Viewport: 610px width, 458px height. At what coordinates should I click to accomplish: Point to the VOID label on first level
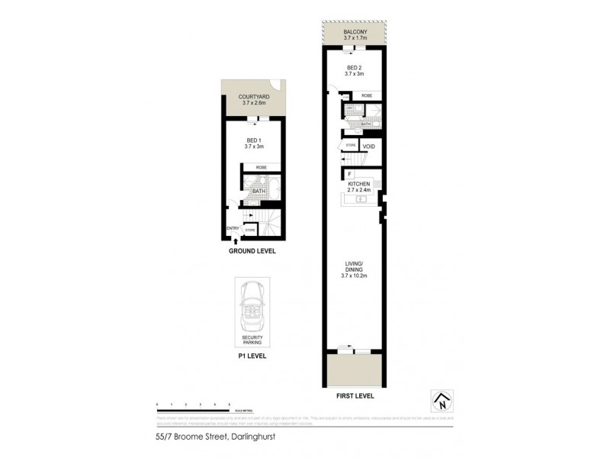click(369, 146)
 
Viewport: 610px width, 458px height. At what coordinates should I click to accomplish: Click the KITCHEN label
click(358, 185)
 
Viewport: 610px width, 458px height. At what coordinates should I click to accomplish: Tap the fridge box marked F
click(349, 175)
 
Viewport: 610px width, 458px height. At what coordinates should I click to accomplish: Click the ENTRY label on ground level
click(233, 228)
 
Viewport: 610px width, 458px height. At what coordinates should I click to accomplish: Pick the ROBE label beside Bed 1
click(261, 166)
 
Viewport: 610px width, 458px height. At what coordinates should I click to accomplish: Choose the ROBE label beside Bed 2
click(366, 96)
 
